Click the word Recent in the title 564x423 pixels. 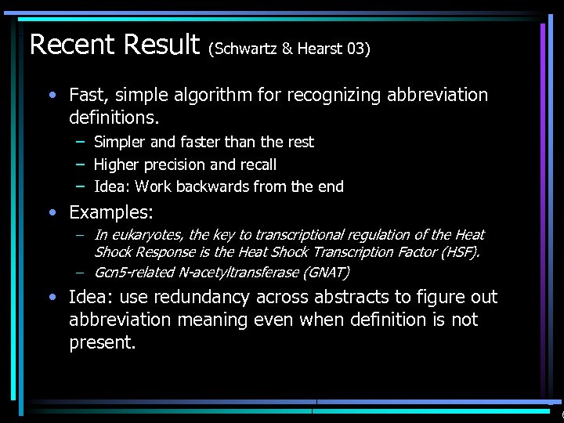[x=74, y=44]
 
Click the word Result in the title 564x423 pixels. [x=162, y=44]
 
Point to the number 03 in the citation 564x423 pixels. [x=356, y=49]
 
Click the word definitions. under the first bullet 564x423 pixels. [x=114, y=118]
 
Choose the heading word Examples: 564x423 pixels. [x=111, y=212]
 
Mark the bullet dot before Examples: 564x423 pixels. [x=52, y=212]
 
